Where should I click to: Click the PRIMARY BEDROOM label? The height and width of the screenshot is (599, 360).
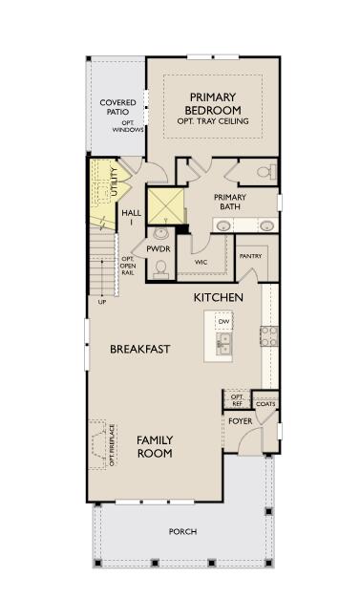coord(212,103)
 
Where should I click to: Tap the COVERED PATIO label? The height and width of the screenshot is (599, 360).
coord(117,108)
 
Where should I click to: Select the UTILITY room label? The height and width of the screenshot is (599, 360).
coord(114,182)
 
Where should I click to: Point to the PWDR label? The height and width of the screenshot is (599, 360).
coord(158,248)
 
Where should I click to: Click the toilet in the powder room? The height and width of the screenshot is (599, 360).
coord(160,267)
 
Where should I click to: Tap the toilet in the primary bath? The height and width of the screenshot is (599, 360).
coord(266,173)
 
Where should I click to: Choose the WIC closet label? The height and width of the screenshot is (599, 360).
coord(201,261)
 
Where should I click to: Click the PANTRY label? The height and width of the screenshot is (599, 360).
coord(250,256)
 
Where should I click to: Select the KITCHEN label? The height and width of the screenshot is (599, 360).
coord(219,297)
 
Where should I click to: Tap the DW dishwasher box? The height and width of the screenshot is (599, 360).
coord(223,322)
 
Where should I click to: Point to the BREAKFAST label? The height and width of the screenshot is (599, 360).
coord(139,350)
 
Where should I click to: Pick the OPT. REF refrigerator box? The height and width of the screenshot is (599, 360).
coord(238,400)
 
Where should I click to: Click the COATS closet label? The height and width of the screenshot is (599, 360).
coord(265,404)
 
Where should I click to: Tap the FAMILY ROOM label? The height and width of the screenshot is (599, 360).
coord(154,446)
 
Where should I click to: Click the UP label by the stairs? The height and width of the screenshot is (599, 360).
coord(102,302)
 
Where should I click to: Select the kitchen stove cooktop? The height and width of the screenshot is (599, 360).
coord(269,336)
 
